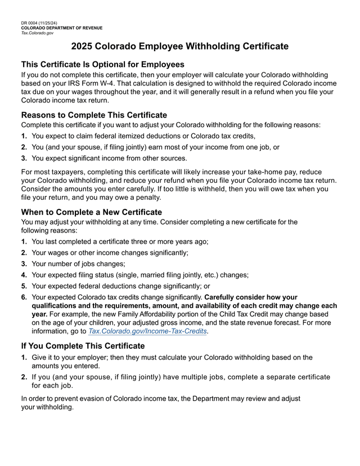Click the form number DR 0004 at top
tap(29, 23)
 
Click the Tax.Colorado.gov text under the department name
tap(37, 33)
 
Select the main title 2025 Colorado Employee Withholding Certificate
tap(180, 46)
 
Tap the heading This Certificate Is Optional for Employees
tap(102, 64)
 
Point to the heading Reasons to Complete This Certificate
tap(94, 115)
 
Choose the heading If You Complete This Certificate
tap(83, 346)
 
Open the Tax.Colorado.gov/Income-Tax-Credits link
tap(148, 332)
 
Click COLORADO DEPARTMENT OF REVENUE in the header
tap(62, 28)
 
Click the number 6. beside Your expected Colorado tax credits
tap(24, 297)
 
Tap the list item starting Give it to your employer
tap(172, 357)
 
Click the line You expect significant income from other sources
tap(109, 158)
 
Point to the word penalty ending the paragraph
tap(146, 198)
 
